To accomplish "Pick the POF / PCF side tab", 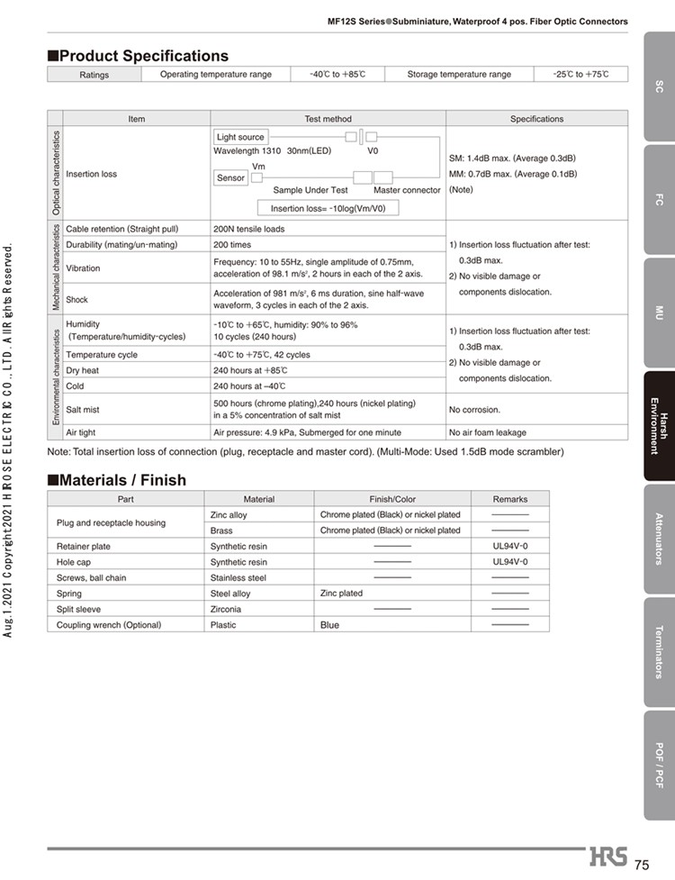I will [x=659, y=765].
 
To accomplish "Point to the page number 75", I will [x=642, y=865].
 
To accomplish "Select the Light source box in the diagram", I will [x=240, y=137].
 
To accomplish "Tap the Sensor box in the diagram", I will [x=230, y=177].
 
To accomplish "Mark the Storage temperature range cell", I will [x=459, y=74].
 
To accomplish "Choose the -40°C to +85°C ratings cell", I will [x=337, y=74].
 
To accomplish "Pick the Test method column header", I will [x=328, y=119].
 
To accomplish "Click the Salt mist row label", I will [x=83, y=410].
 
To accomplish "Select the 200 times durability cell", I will [x=232, y=244].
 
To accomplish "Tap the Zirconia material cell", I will [x=226, y=609].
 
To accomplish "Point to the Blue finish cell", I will [x=330, y=624].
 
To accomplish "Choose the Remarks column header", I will [x=510, y=499].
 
